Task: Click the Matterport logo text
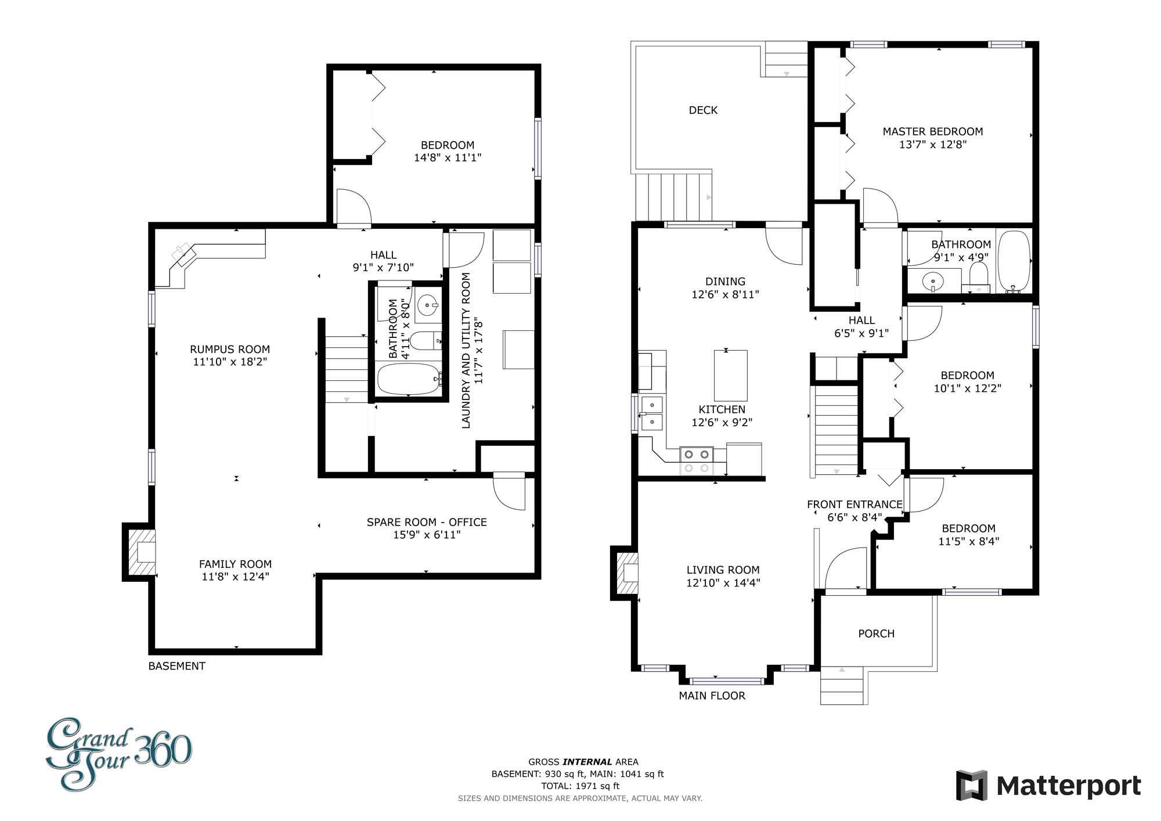pyautogui.click(x=1069, y=786)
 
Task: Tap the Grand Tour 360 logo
pyautogui.click(x=119, y=753)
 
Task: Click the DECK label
pyautogui.click(x=703, y=110)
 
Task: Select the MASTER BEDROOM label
pyautogui.click(x=933, y=132)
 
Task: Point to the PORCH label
pyautogui.click(x=876, y=633)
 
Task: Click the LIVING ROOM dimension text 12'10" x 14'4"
pyautogui.click(x=723, y=583)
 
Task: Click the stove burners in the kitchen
pyautogui.click(x=697, y=461)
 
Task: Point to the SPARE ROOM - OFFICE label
pyautogui.click(x=427, y=523)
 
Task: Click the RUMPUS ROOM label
pyautogui.click(x=230, y=350)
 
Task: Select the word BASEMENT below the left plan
pyautogui.click(x=177, y=666)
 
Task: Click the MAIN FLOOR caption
pyautogui.click(x=712, y=696)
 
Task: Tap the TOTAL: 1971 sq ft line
pyautogui.click(x=580, y=786)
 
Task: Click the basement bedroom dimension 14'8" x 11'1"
pyautogui.click(x=448, y=158)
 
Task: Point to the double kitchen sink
pyautogui.click(x=651, y=413)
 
